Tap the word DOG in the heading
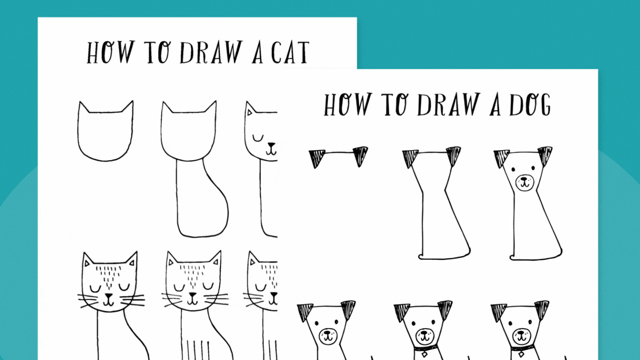point(530,105)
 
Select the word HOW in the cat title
point(110,52)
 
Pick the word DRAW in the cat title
point(211,53)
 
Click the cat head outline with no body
point(105,133)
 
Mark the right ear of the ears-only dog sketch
point(360,155)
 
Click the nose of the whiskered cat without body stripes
point(108,296)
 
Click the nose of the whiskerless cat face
point(272,146)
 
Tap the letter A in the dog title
point(495,106)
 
